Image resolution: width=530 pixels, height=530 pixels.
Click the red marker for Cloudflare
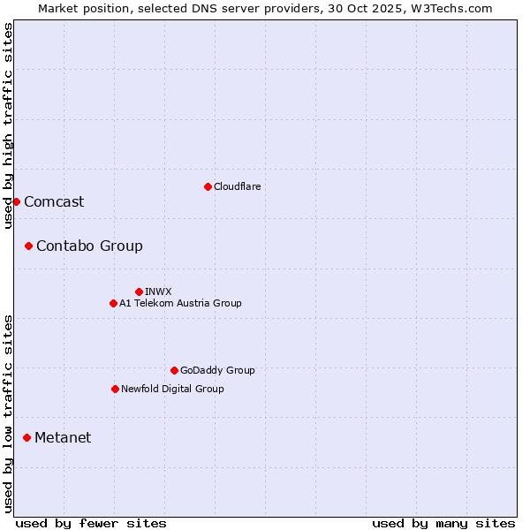208,186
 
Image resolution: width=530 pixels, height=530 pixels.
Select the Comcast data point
16,201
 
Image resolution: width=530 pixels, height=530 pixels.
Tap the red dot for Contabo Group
28,246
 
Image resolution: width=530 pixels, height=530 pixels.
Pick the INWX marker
139,291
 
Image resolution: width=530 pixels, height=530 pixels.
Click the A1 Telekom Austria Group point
113,303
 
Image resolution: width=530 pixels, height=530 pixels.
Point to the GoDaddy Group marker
174,370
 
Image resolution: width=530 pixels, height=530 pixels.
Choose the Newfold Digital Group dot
115,389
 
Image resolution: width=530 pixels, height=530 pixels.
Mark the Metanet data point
26,437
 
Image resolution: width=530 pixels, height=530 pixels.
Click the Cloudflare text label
237,186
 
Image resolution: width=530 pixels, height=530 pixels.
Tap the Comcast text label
54,201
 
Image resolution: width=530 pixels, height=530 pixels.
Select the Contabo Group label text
89,246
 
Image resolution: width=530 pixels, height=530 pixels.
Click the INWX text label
158,291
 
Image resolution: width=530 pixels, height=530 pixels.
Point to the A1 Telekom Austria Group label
180,303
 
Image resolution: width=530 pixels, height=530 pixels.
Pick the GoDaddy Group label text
217,370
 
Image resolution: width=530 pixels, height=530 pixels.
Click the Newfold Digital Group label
172,389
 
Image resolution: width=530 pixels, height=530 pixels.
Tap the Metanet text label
63,437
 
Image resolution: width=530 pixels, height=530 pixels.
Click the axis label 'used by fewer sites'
91,523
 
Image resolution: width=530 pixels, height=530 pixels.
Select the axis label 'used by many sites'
443,523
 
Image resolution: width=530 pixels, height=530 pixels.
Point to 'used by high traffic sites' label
8,125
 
